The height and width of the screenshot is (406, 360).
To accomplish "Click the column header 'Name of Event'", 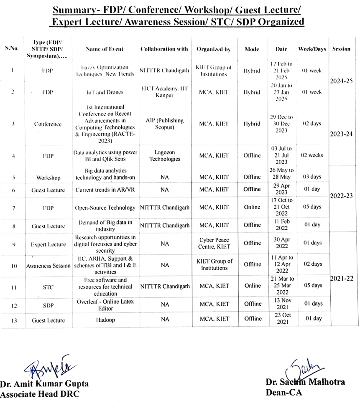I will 104,49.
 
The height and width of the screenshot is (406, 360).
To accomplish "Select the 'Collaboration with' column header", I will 164,49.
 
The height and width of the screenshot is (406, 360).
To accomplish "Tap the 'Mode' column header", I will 252,49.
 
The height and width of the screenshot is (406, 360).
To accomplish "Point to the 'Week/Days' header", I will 312,49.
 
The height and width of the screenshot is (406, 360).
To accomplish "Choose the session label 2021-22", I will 342,278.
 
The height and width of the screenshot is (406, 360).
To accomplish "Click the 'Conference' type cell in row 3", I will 48,124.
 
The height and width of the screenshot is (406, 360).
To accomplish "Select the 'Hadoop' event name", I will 104,320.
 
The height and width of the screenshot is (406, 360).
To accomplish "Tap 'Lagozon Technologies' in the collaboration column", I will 164,156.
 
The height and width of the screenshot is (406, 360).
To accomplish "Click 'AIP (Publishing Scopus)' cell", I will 164,124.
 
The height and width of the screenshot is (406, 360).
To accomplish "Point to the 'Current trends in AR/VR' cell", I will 104,190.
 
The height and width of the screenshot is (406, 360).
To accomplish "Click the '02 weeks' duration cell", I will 312,155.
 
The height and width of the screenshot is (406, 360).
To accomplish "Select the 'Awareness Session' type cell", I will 48,266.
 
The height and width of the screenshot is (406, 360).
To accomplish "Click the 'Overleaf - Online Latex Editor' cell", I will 104,304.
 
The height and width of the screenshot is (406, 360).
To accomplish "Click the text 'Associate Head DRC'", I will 40,393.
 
